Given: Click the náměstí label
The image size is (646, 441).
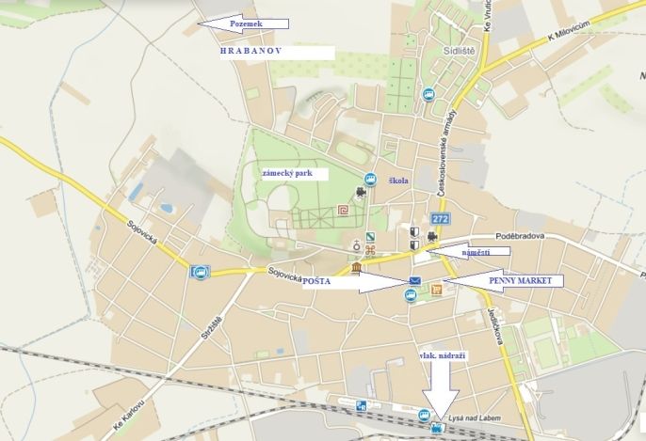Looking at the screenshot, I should tap(476, 252).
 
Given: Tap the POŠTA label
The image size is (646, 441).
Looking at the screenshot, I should tap(315, 280).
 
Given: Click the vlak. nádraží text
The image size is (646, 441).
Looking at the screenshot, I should tap(442, 355).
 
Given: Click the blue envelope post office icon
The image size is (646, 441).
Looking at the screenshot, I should tap(414, 282).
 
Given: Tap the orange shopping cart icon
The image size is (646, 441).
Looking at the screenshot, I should tap(437, 291).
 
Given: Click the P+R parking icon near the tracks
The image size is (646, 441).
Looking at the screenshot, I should tap(362, 406).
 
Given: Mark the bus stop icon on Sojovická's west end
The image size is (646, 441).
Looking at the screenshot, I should tap(198, 273).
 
